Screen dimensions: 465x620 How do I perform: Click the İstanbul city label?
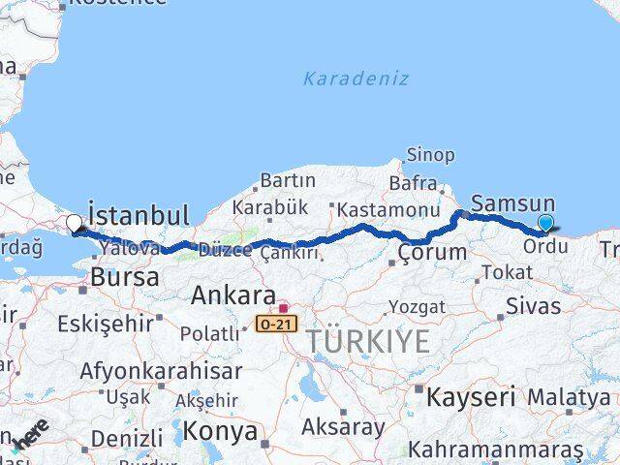[x=138, y=214]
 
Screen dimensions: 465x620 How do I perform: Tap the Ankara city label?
[x=232, y=294]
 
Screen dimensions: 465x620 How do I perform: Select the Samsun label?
[x=512, y=203]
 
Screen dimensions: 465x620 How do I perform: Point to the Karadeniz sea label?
[x=356, y=78]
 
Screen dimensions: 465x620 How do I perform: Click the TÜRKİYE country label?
[x=367, y=341]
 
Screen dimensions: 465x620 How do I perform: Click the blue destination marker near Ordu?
[x=545, y=224]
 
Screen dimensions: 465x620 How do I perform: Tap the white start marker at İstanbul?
[x=74, y=225]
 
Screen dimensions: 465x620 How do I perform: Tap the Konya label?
[x=221, y=430]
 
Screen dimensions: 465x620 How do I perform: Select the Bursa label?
[x=124, y=277]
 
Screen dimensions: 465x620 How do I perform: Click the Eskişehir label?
[x=105, y=323]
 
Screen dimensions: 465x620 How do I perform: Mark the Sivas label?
[x=533, y=306]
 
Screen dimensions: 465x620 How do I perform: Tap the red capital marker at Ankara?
[x=282, y=308]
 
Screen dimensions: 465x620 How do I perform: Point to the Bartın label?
[x=288, y=180]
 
